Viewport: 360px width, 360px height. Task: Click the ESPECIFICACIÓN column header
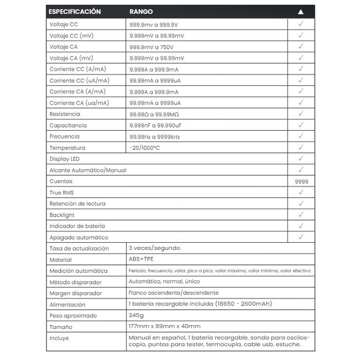click(75, 11)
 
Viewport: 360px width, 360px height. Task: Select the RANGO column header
click(141, 11)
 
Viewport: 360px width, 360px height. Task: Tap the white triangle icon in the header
click(301, 12)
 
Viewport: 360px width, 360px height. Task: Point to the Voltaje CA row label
click(64, 47)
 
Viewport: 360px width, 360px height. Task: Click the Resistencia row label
click(65, 114)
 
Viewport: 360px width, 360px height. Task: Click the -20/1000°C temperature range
click(146, 148)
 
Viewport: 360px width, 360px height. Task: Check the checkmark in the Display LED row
click(301, 158)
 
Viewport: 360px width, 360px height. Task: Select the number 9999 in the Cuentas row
click(301, 182)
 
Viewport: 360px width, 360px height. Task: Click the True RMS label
click(62, 192)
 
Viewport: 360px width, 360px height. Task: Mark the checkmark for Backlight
click(301, 214)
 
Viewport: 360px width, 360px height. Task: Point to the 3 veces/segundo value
click(154, 248)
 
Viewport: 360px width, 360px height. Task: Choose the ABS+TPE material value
click(141, 260)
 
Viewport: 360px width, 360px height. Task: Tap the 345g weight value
click(137, 315)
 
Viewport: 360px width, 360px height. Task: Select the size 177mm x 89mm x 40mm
click(165, 327)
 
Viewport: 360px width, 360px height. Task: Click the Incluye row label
click(59, 338)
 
